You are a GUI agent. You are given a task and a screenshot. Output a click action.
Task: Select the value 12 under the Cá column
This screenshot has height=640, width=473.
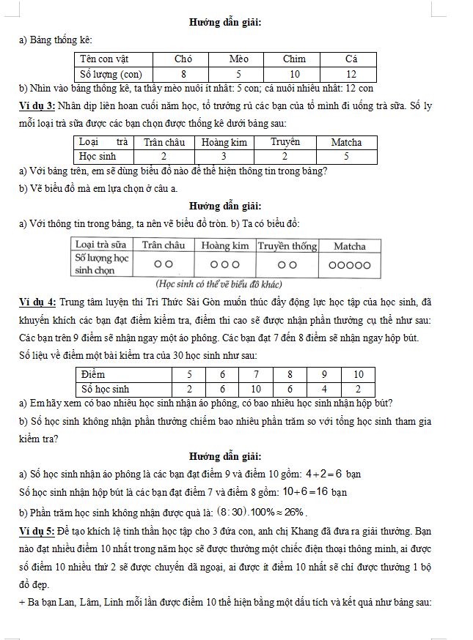click(x=351, y=74)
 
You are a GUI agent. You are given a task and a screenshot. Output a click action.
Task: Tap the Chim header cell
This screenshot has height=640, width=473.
click(x=295, y=59)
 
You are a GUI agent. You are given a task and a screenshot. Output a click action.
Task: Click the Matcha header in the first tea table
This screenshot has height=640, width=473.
click(x=346, y=142)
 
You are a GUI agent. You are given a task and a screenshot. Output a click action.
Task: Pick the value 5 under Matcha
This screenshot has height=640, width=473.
click(x=346, y=156)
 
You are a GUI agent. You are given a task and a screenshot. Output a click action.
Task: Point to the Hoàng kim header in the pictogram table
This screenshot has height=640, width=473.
click(x=224, y=246)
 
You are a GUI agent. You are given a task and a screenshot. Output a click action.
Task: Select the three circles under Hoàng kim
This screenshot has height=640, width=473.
click(x=224, y=265)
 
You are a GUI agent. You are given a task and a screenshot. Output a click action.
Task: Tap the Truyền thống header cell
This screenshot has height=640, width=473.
click(x=287, y=246)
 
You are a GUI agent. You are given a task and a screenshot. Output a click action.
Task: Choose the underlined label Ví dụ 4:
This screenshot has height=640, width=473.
click(x=37, y=302)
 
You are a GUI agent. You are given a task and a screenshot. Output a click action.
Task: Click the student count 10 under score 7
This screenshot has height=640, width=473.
click(x=256, y=389)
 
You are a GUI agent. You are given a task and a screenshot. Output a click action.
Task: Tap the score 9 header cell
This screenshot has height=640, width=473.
click(x=324, y=375)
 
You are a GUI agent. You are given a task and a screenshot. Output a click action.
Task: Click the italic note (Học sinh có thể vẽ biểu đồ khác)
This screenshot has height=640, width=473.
click(x=219, y=284)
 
